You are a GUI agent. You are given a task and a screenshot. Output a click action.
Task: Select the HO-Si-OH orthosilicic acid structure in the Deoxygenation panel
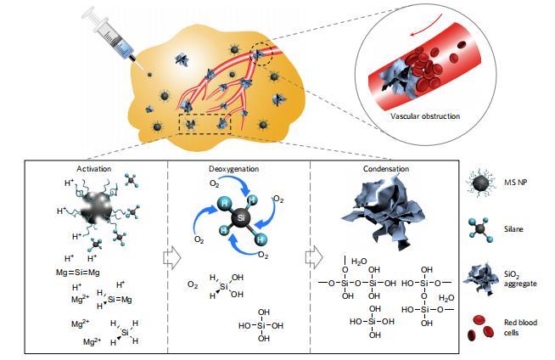coord(261,324)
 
